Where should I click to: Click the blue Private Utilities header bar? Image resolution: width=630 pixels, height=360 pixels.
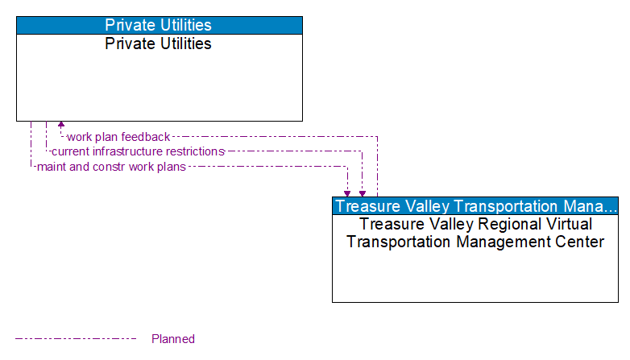[x=159, y=25]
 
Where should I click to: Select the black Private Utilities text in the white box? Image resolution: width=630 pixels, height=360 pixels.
[x=159, y=44]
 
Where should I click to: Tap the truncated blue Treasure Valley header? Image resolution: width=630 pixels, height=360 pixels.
[x=475, y=205]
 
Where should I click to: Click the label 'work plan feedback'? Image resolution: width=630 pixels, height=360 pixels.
[x=118, y=137]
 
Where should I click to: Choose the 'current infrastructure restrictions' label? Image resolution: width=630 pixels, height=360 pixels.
[x=138, y=151]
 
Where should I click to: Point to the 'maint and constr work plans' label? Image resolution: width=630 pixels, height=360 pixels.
[x=111, y=167]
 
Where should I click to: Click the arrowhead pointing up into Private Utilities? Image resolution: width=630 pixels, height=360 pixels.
[x=61, y=126]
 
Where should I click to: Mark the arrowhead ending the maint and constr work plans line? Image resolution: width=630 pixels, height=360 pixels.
[x=347, y=193]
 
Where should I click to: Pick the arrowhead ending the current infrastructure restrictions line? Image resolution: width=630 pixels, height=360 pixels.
[x=363, y=193]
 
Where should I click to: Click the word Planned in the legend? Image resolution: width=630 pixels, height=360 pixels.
[x=173, y=339]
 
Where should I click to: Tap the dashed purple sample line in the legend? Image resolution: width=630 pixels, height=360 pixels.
[x=77, y=339]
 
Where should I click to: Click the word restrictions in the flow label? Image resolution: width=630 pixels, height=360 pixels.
[x=195, y=151]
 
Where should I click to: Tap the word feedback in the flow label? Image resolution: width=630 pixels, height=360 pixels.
[x=146, y=137]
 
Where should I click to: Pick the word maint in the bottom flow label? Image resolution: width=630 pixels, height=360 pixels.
[x=51, y=167]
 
